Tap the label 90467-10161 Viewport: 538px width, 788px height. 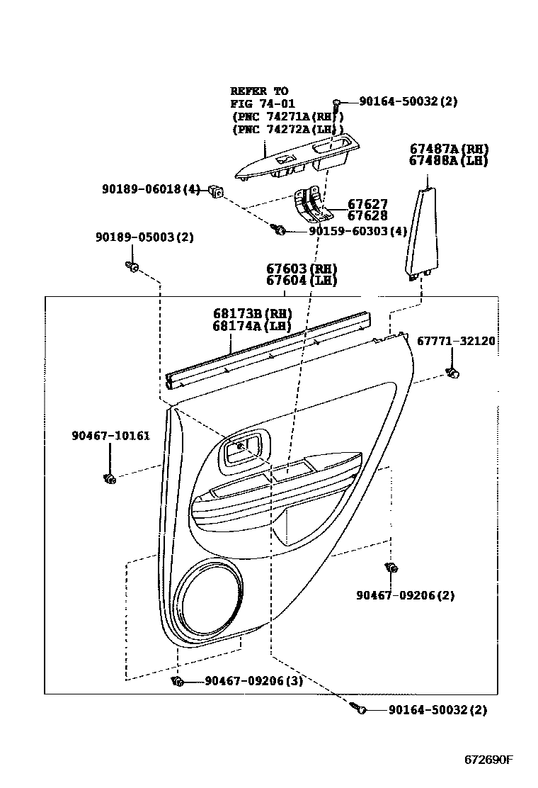[x=110, y=436]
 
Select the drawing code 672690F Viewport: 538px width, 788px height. [x=488, y=760]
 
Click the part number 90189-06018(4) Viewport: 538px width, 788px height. [x=151, y=189]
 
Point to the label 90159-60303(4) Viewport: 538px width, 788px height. [x=357, y=231]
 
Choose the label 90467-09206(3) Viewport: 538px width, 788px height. [x=254, y=681]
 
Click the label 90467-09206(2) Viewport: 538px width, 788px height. [x=406, y=595]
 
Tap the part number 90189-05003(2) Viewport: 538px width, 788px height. [x=134, y=237]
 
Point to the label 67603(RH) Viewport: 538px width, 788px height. [x=302, y=269]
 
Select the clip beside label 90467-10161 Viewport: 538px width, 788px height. [x=109, y=480]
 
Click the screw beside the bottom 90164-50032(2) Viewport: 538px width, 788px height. [x=359, y=707]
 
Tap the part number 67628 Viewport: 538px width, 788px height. [x=367, y=216]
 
